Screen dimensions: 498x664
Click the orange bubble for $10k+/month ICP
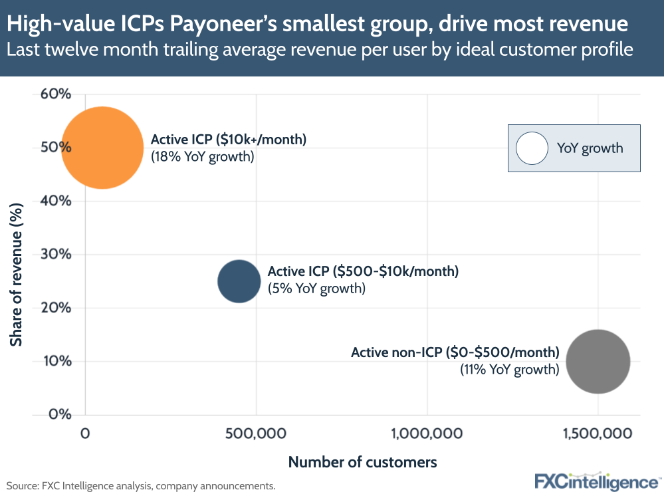(x=102, y=148)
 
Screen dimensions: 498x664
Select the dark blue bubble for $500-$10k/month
(x=239, y=281)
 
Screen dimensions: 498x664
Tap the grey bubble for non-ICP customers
(x=598, y=362)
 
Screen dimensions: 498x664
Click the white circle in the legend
(x=531, y=148)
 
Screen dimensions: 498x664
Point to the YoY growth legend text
(x=590, y=148)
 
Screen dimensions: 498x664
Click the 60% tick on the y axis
(x=55, y=94)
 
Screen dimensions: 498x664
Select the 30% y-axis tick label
(x=55, y=255)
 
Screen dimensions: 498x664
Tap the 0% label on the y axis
(x=59, y=415)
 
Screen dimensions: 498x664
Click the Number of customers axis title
(x=362, y=461)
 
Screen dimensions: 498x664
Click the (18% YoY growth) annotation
(x=203, y=157)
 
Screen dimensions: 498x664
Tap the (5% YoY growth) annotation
(x=316, y=289)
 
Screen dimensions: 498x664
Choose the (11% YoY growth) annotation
(x=510, y=370)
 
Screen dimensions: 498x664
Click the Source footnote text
(x=141, y=486)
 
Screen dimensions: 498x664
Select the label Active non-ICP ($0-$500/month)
(x=455, y=352)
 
